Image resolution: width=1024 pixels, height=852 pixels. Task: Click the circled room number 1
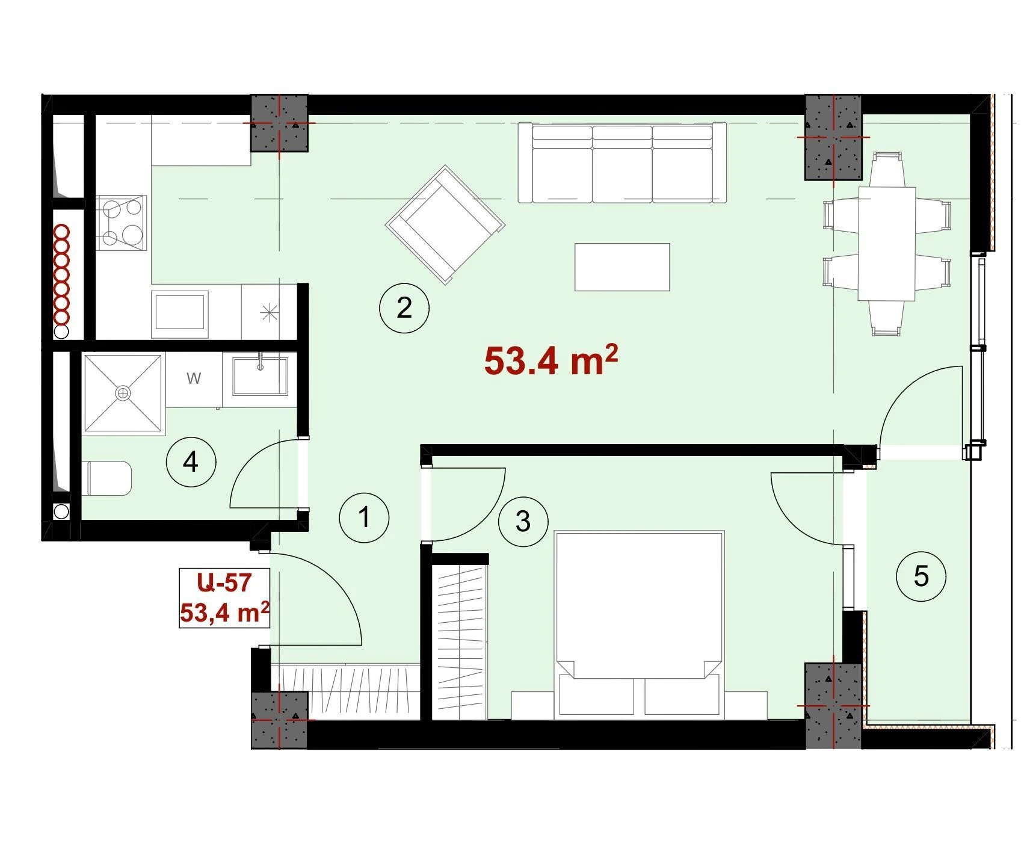pos(364,517)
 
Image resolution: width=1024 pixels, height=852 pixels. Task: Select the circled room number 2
pos(404,308)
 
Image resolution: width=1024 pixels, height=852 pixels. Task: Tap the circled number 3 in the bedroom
pos(523,521)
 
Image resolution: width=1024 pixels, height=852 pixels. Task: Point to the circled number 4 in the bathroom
pos(191,462)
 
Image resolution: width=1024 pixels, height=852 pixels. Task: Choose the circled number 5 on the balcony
pos(921,576)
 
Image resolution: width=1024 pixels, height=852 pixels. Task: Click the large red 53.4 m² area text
pos(551,360)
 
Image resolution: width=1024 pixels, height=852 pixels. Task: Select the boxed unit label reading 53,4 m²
pos(224,613)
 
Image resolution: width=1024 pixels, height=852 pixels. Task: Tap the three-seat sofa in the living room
pos(622,164)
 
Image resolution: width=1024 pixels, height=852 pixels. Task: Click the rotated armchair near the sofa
pos(445,224)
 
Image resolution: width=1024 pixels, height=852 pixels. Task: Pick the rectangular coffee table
pos(622,267)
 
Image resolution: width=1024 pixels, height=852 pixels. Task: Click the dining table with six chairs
pos(887,243)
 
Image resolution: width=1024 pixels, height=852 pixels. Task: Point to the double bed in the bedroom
pos(639,625)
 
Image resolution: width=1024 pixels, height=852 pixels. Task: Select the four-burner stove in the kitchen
pos(122,223)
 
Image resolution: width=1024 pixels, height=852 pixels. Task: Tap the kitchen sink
pos(180,310)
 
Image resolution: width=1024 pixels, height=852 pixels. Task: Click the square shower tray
pos(123,393)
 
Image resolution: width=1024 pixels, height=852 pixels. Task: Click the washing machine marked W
pos(194,379)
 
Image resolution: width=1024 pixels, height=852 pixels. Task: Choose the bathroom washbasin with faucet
pos(260,377)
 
